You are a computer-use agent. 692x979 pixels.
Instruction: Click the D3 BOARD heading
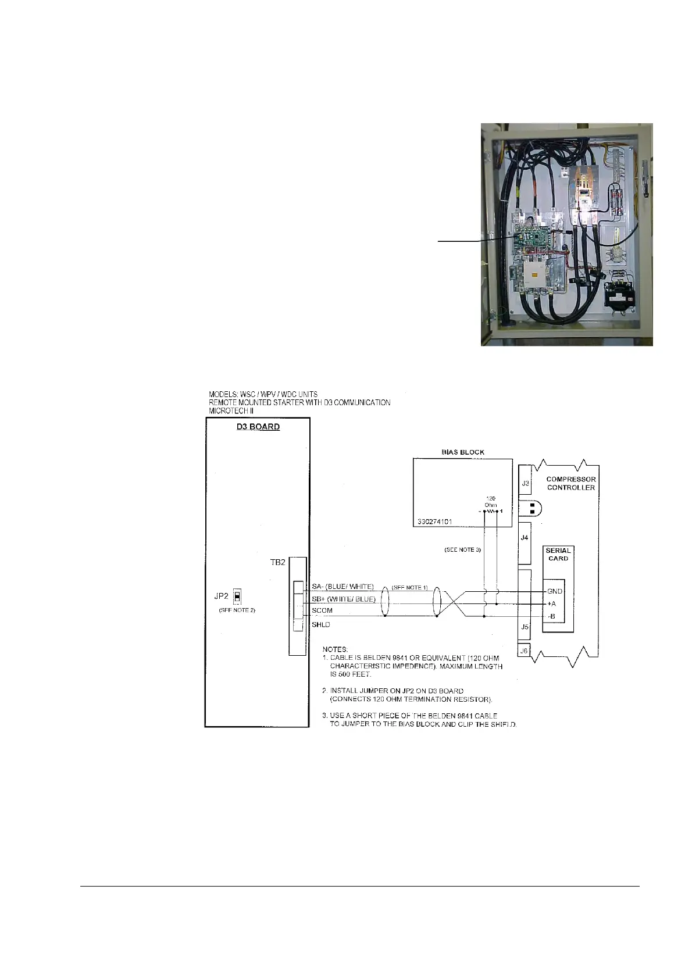[x=257, y=427]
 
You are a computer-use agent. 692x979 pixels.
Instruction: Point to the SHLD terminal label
[x=321, y=625]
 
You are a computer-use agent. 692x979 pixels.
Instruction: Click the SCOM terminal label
[x=322, y=611]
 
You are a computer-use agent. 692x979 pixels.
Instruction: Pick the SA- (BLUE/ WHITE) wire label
[x=343, y=587]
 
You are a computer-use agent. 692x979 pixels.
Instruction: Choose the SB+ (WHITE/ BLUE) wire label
[x=344, y=599]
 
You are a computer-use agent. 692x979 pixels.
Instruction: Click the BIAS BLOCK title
[x=463, y=452]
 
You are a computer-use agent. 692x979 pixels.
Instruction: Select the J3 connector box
[x=525, y=483]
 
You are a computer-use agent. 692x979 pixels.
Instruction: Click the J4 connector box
[x=525, y=538]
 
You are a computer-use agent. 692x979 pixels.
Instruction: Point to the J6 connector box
[x=525, y=652]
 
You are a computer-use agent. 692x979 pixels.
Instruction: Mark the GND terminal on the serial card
[x=555, y=591]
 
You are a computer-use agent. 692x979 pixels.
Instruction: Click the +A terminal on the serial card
[x=552, y=604]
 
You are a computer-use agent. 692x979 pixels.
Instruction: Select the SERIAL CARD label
[x=558, y=554]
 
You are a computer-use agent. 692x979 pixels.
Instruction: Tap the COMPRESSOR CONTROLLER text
[x=571, y=483]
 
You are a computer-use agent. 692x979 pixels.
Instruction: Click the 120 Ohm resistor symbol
[x=490, y=512]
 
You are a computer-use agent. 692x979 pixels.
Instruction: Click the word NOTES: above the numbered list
[x=336, y=648]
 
